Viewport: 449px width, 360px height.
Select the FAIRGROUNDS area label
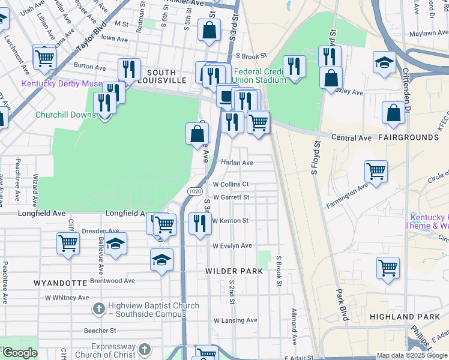point(408,137)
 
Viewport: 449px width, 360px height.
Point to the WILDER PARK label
point(234,271)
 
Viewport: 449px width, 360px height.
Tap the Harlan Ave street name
point(237,163)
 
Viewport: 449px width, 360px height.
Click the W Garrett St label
point(231,197)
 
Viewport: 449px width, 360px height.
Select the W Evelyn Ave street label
point(232,246)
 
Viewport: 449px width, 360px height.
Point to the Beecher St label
point(100,331)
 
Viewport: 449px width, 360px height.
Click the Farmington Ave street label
point(346,196)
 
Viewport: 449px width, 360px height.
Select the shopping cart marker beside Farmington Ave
point(376,171)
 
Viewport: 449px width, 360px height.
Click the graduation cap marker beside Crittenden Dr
point(384,63)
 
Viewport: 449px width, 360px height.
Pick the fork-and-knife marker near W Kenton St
point(200,223)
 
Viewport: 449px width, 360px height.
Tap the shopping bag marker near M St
point(209,30)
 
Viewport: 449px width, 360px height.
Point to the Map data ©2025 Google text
point(412,355)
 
